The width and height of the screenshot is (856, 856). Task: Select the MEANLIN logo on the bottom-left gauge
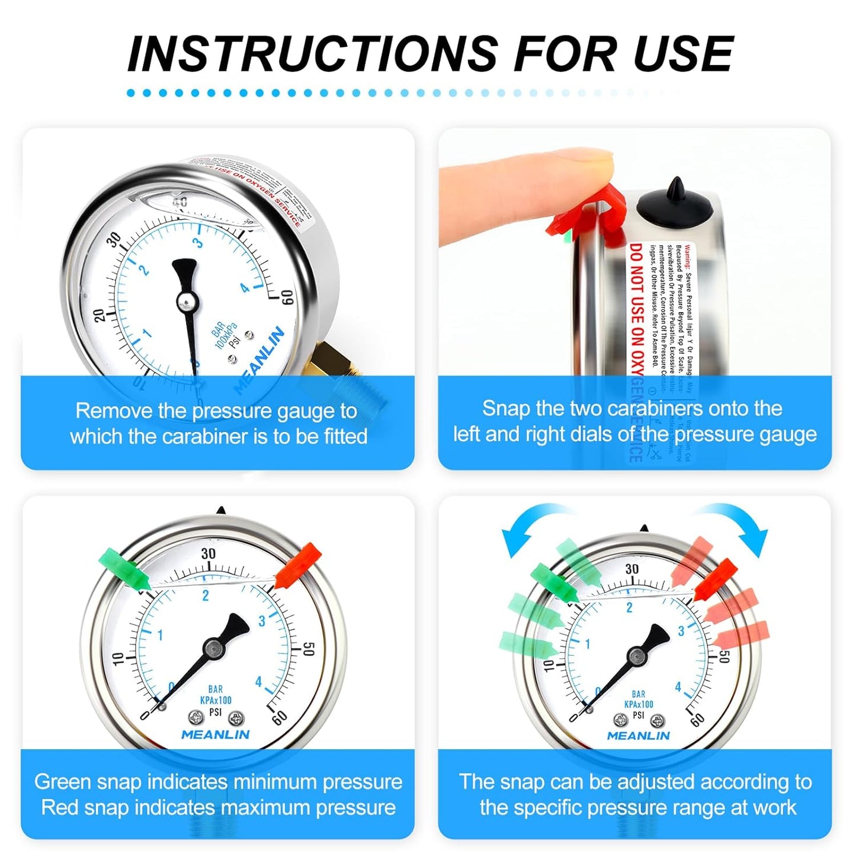tap(215, 735)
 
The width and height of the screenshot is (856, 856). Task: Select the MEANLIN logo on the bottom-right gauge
tap(638, 736)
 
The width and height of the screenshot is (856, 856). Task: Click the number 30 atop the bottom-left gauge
tap(208, 554)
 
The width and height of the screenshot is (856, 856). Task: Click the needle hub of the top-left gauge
tap(187, 303)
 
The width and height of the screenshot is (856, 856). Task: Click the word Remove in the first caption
tap(108, 411)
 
